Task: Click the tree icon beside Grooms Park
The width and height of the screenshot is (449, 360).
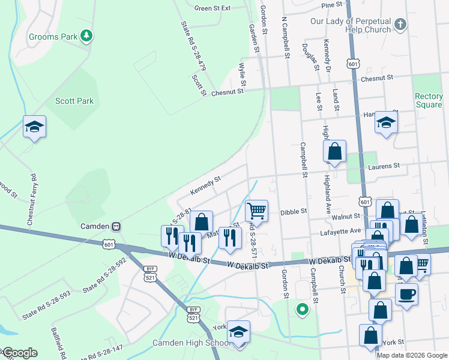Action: pos(87,36)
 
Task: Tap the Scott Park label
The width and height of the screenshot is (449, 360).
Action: pos(74,101)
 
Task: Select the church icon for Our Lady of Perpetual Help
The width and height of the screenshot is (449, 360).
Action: pos(400,25)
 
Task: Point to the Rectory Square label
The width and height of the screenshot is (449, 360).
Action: pos(429,100)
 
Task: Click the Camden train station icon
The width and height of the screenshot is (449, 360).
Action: pos(116,226)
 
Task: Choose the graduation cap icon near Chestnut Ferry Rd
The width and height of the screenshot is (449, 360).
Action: pos(35,127)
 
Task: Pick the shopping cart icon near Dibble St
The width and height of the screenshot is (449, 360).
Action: pos(257,211)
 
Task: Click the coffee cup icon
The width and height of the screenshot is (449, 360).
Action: pos(406,295)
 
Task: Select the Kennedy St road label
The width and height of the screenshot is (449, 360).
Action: pos(206,184)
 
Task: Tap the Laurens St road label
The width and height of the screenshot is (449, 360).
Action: pos(385,166)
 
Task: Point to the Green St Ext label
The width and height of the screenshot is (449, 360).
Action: pos(212,8)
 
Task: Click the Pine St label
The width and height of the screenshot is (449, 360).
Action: pos(331,4)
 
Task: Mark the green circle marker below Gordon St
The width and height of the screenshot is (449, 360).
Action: pos(303,310)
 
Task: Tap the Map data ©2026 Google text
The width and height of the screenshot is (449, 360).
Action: pos(411,355)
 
